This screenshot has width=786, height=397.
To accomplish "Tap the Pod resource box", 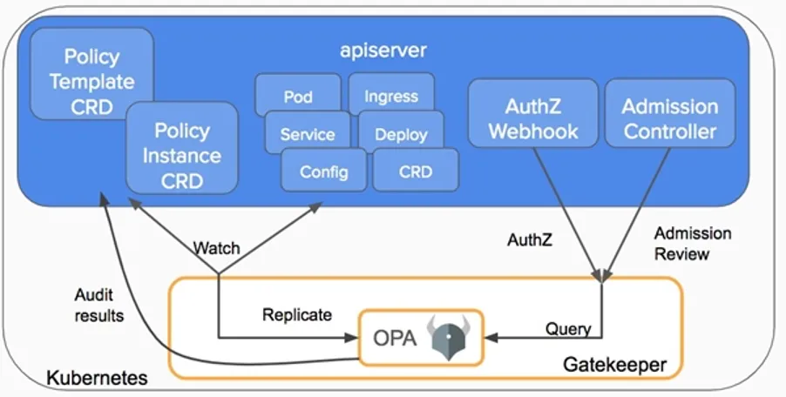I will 298,96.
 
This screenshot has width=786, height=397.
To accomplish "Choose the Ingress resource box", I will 391,95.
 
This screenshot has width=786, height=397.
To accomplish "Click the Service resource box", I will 307,134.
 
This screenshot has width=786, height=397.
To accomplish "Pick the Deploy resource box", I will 401,134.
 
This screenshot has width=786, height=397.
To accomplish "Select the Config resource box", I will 323,172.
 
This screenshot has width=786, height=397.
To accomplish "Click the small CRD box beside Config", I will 416,172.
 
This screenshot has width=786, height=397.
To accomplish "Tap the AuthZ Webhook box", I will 532,118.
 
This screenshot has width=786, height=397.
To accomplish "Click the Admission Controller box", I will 669,118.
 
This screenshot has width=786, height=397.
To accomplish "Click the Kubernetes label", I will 96,379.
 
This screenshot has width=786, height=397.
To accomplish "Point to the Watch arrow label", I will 216,248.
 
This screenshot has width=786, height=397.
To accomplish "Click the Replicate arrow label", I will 296,314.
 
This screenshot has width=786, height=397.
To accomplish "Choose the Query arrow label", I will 568,329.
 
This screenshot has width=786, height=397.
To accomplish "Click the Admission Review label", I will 693,244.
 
